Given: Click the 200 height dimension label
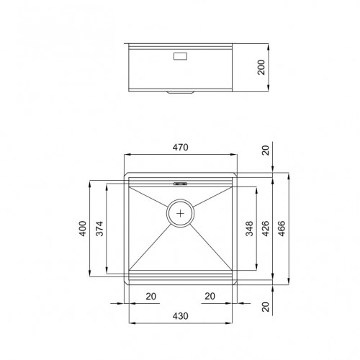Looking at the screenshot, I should [x=261, y=67].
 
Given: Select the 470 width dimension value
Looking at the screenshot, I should [x=181, y=148].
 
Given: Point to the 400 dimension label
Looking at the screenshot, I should [x=83, y=230].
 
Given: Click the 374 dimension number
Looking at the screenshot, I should [x=100, y=230].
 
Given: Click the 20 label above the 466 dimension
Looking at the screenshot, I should [x=264, y=150].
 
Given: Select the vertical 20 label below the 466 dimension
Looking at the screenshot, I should [x=264, y=307].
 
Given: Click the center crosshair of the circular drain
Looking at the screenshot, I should [x=181, y=213].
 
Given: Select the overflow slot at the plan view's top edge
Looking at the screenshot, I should [x=180, y=184].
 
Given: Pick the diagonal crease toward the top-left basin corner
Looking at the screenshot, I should [x=149, y=198].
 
